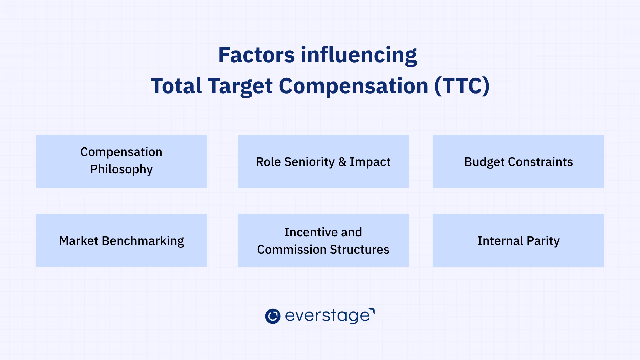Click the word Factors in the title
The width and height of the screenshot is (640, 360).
256,55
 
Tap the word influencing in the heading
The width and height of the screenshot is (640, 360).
359,55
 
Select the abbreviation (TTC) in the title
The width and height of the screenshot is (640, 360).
462,86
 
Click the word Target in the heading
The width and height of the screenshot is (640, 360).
240,86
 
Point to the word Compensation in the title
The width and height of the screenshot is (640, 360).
353,86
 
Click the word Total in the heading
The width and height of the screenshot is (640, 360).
176,86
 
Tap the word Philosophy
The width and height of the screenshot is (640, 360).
121,169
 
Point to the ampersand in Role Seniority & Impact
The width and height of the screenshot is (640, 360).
342,162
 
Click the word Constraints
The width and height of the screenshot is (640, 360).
540,162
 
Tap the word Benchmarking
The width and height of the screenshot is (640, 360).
143,241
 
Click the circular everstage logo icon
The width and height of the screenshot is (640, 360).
273,316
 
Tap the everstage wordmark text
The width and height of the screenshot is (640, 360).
328,316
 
